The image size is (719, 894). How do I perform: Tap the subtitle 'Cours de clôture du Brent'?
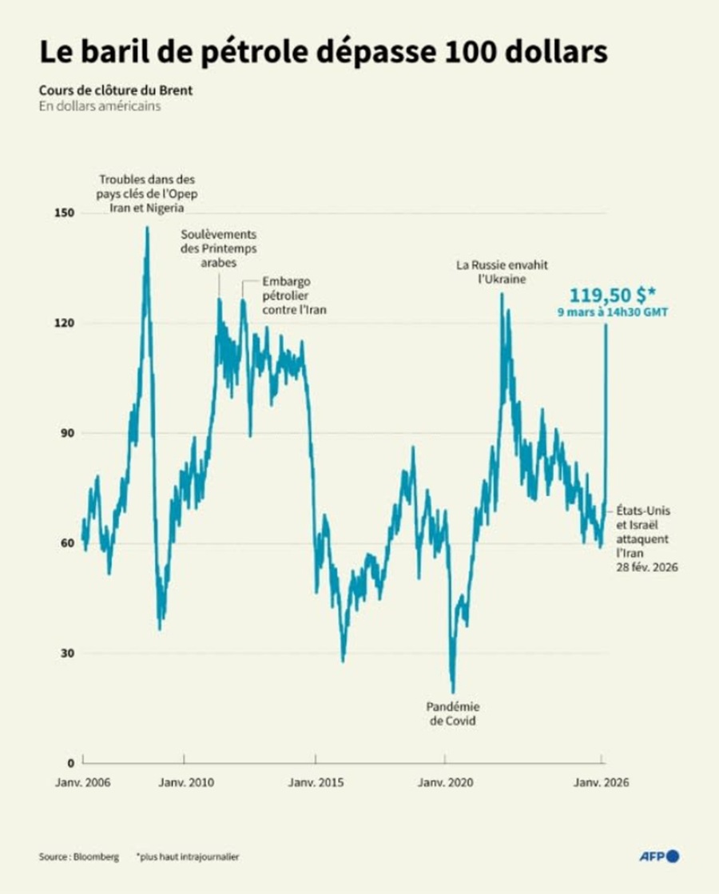pyautogui.click(x=114, y=89)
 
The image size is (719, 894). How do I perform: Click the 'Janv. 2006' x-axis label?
pyautogui.click(x=82, y=784)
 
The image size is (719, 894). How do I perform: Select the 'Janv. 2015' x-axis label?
pyautogui.click(x=316, y=784)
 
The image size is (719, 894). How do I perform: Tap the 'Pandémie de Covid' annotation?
pyautogui.click(x=453, y=713)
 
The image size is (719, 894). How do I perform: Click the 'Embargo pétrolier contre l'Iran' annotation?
pyautogui.click(x=292, y=296)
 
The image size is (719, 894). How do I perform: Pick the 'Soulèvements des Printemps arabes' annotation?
pyautogui.click(x=218, y=249)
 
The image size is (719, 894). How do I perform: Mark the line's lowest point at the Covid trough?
pyautogui.click(x=453, y=692)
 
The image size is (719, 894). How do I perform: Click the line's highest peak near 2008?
pyautogui.click(x=147, y=228)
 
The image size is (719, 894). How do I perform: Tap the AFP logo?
pyautogui.click(x=660, y=856)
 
